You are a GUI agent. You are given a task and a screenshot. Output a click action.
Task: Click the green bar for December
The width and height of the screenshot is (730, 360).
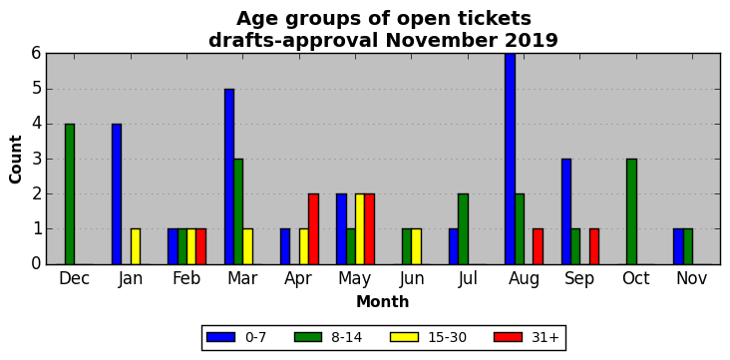[70, 194]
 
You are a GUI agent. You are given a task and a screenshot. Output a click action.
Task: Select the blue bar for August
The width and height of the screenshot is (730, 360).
[511, 159]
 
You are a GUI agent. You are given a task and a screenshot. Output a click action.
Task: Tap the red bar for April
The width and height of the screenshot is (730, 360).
[313, 229]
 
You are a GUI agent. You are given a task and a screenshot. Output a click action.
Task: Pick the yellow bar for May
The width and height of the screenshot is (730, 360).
[360, 229]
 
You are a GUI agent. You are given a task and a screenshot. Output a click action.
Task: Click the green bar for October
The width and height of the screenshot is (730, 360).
[631, 211]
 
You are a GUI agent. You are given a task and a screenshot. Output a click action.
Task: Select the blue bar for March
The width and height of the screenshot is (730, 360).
[229, 177]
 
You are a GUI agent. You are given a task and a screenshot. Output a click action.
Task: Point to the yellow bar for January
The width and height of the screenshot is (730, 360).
[136, 247]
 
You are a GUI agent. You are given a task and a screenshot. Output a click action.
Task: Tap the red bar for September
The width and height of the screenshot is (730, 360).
[594, 247]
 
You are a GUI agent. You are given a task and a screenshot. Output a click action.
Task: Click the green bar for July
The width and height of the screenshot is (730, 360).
[464, 229]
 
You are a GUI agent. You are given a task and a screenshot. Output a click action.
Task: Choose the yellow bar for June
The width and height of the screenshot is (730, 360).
[416, 247]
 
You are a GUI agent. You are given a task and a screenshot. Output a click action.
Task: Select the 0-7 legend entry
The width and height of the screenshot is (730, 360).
[236, 338]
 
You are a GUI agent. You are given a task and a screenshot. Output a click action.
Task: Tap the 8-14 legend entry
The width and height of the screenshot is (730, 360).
[328, 338]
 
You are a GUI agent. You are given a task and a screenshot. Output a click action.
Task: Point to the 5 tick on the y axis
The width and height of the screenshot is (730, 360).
[37, 89]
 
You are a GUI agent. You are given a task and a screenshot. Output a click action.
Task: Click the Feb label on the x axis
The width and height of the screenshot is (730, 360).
[186, 278]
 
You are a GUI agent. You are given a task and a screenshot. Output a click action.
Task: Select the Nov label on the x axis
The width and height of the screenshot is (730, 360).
[692, 278]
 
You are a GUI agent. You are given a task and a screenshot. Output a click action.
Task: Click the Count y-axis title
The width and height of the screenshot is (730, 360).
[15, 160]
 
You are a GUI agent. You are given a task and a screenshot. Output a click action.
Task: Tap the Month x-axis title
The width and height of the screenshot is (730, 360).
[383, 302]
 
